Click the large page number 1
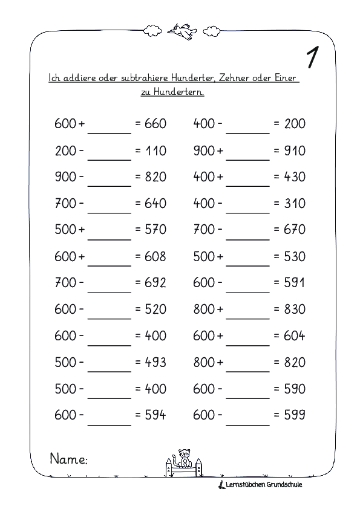click(312, 57)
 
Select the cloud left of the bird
click(151, 30)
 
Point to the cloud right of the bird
click(212, 30)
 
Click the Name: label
click(68, 459)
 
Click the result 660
click(155, 124)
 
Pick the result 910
click(295, 151)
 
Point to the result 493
click(155, 362)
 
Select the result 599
click(295, 415)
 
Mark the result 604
click(295, 336)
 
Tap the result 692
click(155, 283)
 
